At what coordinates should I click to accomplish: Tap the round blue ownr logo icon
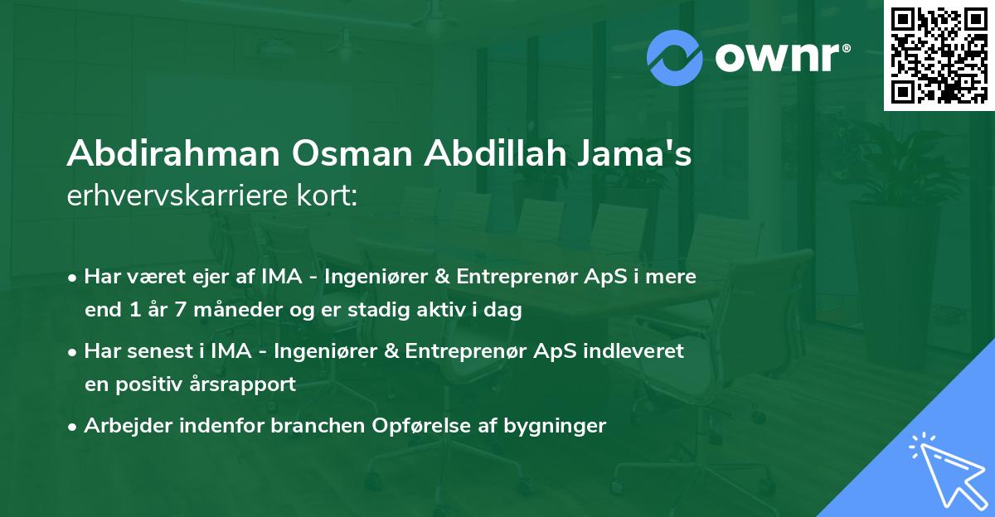(x=673, y=56)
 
